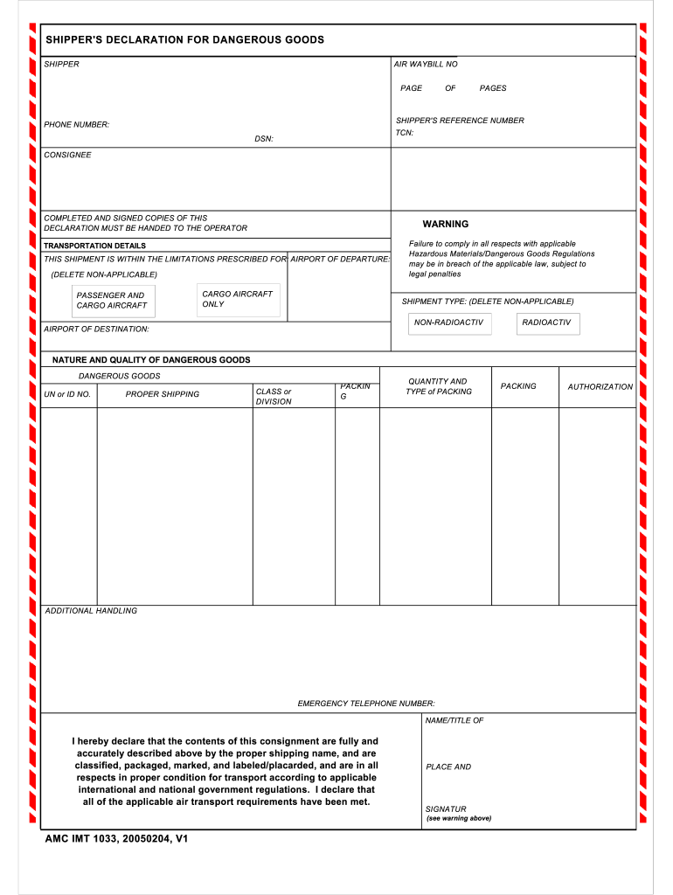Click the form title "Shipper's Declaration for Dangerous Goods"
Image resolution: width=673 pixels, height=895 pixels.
coord(184,40)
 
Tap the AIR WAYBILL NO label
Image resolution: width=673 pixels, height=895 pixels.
coord(426,65)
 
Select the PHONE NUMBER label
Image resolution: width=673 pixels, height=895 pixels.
coord(77,125)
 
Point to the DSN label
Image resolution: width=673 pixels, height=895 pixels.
coord(264,139)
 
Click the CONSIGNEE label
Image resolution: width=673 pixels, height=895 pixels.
coord(67,156)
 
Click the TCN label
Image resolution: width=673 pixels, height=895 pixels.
coord(405,133)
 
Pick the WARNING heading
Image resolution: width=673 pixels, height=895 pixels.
coord(446,225)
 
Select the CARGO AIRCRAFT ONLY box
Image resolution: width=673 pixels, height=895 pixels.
coord(239,299)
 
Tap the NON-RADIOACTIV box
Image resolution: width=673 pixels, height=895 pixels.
coord(450,323)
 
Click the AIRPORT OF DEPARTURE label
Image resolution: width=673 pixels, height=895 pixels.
coord(340,260)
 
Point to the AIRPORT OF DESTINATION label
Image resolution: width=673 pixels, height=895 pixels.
coord(96,330)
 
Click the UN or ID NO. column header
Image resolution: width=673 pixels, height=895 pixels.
coord(67,395)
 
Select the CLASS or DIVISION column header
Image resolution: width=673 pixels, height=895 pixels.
coord(274,397)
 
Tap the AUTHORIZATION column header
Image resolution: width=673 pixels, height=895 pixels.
coord(600,387)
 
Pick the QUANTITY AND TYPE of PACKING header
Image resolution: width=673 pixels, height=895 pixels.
coord(438,386)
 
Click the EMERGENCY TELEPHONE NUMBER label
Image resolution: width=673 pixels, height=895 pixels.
coord(366,704)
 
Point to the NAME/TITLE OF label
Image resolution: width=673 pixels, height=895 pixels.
coord(454,721)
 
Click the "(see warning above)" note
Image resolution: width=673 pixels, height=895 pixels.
coord(459,819)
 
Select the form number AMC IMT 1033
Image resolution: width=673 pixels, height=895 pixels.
coord(116,839)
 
